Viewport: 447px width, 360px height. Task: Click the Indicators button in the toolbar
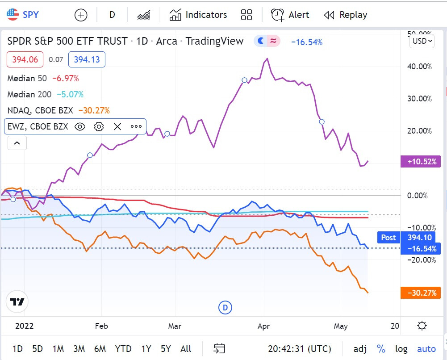(x=198, y=15)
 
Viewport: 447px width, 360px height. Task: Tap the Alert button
(x=290, y=15)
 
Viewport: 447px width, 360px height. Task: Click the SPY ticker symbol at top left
(x=23, y=15)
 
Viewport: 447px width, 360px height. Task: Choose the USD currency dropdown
(x=422, y=41)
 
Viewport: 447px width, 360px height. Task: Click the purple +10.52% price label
(x=421, y=161)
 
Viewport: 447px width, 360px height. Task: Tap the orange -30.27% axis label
(x=421, y=293)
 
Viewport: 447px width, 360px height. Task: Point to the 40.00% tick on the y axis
(x=421, y=67)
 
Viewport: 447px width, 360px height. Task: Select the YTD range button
(x=123, y=349)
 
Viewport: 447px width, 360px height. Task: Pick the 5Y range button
(x=166, y=349)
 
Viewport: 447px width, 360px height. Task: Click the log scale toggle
(x=401, y=349)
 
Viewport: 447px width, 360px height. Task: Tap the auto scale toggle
(x=426, y=349)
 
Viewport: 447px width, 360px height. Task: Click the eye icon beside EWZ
(x=80, y=126)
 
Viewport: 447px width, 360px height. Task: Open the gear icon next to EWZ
(x=99, y=126)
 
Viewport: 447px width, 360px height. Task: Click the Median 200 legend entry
(x=29, y=94)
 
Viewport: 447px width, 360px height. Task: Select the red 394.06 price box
(x=25, y=59)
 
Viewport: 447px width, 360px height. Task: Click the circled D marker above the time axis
(x=226, y=307)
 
